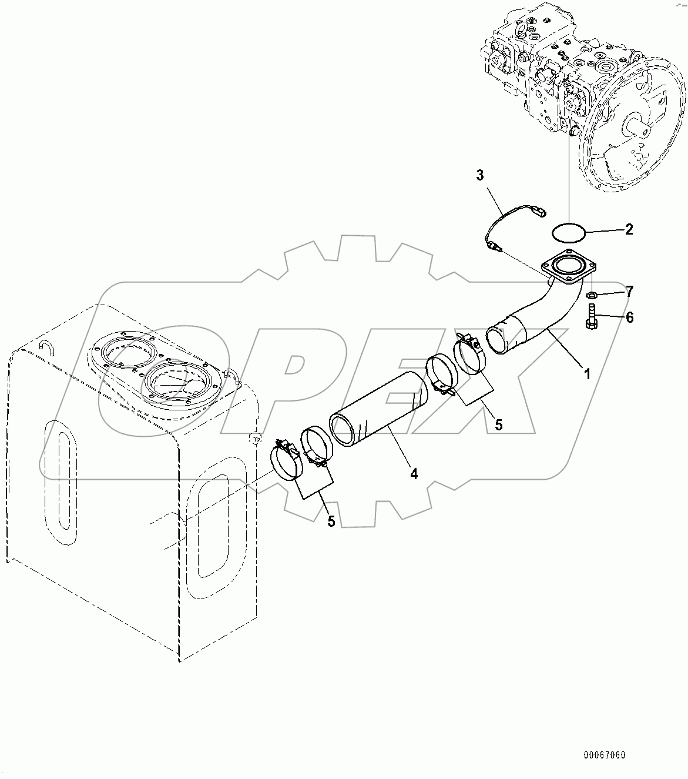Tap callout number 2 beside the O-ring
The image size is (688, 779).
tap(629, 229)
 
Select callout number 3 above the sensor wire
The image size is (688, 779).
tap(480, 175)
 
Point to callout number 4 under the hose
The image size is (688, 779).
tap(414, 474)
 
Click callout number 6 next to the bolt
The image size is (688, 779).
tap(629, 317)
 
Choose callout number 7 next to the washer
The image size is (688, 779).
tap(629, 291)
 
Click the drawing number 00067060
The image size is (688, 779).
tap(604, 755)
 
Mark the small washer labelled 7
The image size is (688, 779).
tap(593, 294)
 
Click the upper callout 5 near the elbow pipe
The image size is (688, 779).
tap(498, 424)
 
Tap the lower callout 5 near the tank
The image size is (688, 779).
tap(331, 520)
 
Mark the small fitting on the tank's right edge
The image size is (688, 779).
tap(254, 439)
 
